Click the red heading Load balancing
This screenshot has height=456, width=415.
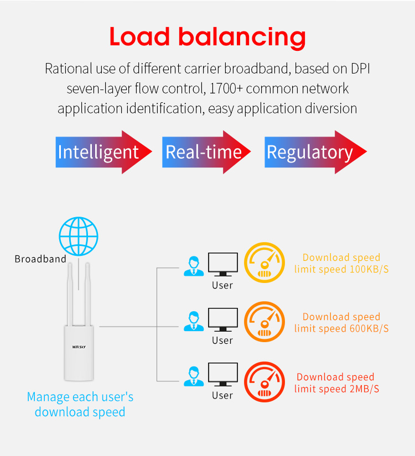pyautogui.click(x=207, y=37)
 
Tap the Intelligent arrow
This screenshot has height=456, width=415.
pyautogui.click(x=103, y=152)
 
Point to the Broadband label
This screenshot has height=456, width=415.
pyautogui.click(x=40, y=259)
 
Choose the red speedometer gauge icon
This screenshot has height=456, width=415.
pyautogui.click(x=264, y=382)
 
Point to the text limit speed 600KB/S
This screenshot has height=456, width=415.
pyautogui.click(x=341, y=329)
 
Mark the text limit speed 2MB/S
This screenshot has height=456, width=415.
pyautogui.click(x=336, y=389)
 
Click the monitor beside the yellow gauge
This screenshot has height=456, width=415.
pyautogui.click(x=223, y=265)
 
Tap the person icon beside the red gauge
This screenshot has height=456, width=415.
pyautogui.click(x=193, y=376)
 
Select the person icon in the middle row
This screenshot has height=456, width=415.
pyautogui.click(x=193, y=321)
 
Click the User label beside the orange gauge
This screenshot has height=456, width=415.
pyautogui.click(x=222, y=340)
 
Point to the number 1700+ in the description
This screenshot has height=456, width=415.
pyautogui.click(x=224, y=88)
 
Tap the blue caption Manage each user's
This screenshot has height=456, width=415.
pyautogui.click(x=80, y=397)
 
